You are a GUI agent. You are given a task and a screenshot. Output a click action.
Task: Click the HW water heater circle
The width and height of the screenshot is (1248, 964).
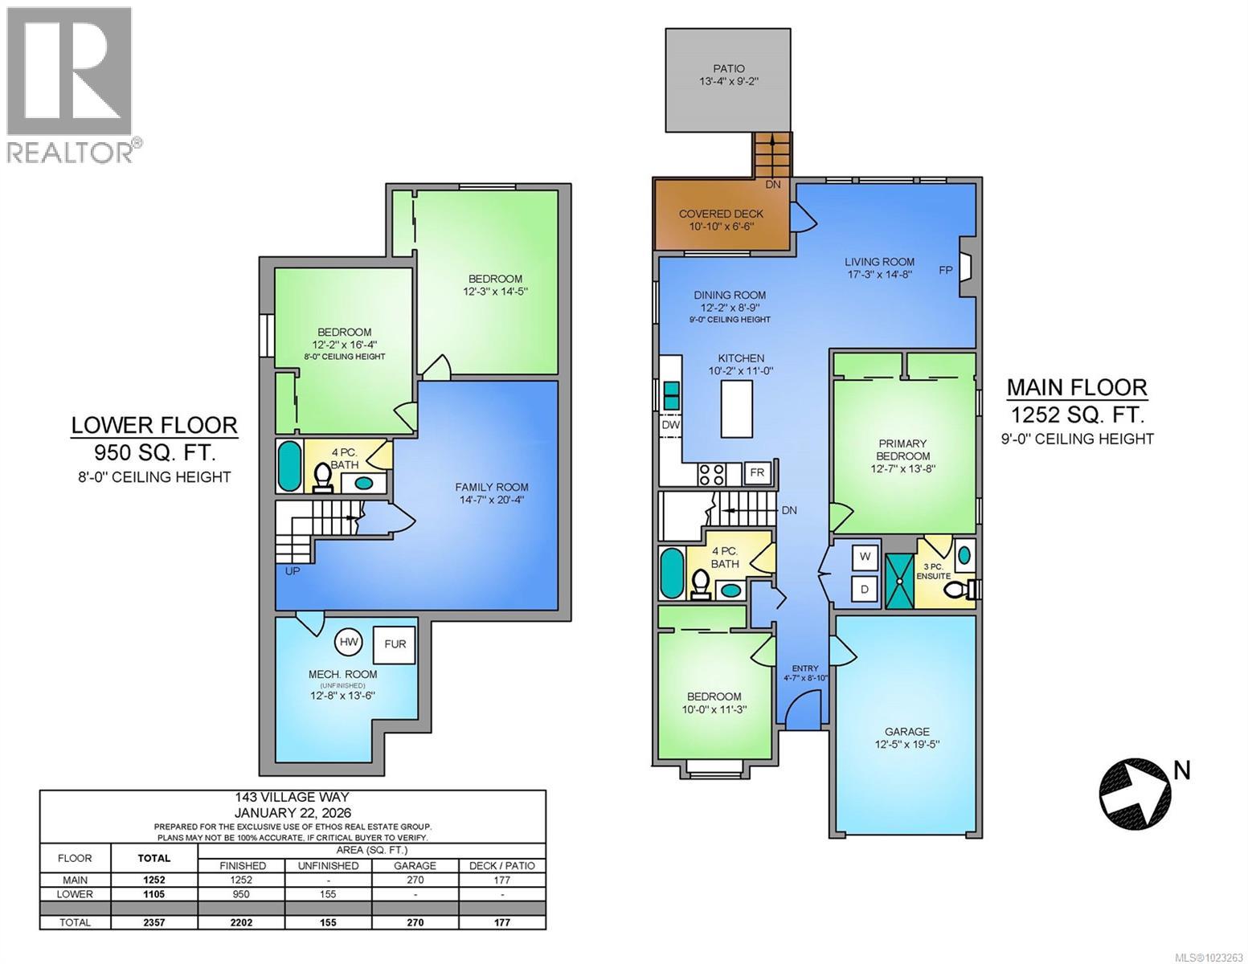tap(349, 642)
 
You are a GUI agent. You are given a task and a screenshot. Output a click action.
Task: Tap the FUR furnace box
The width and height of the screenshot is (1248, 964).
tap(395, 643)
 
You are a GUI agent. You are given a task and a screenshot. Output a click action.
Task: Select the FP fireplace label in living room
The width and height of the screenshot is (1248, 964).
tap(946, 271)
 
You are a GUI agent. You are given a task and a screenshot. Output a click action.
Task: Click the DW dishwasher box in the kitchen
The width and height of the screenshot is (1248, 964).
tap(670, 425)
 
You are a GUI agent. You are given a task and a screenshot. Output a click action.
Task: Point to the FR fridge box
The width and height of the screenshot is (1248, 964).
tap(757, 473)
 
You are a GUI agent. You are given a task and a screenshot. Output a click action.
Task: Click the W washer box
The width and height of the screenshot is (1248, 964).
tap(865, 556)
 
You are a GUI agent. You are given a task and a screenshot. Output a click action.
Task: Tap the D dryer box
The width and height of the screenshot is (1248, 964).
tap(865, 589)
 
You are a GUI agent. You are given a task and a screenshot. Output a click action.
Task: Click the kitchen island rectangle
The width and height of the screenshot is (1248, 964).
tap(737, 408)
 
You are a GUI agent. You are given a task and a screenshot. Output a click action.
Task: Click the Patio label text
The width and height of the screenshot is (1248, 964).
tap(728, 69)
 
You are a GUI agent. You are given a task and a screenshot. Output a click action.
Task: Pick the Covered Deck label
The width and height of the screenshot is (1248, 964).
tap(721, 214)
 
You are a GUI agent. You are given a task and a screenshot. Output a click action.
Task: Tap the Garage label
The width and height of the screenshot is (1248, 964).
tap(906, 731)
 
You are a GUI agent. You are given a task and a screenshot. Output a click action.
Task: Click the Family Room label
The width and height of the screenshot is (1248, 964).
tap(491, 487)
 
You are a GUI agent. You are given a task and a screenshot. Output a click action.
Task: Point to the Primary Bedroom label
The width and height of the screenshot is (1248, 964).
tap(902, 449)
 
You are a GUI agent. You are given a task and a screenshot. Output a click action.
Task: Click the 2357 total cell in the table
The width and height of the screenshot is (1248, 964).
tap(153, 922)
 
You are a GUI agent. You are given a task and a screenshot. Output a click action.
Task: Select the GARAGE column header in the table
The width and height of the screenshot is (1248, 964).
tap(415, 865)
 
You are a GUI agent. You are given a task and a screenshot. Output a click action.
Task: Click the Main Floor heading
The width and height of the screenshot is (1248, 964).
tap(1077, 387)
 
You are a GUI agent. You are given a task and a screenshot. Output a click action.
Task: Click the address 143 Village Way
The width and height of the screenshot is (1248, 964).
tap(293, 797)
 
